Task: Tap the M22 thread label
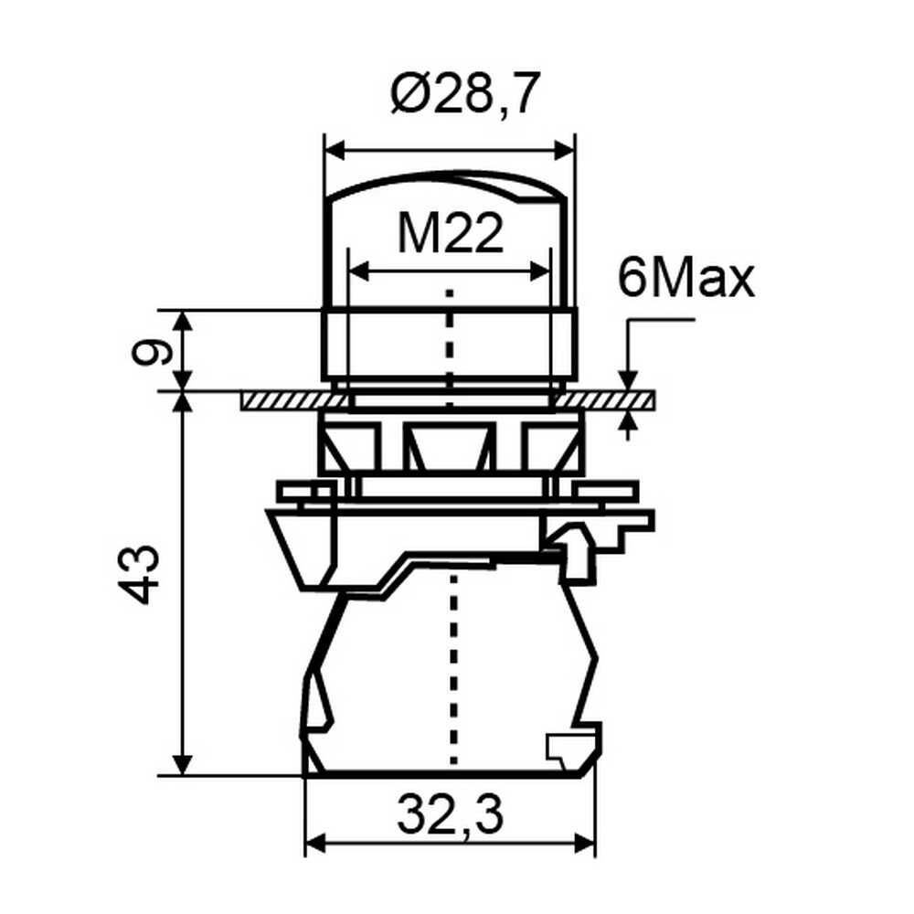(450, 232)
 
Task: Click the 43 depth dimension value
(138, 574)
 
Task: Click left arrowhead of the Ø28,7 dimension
(335, 150)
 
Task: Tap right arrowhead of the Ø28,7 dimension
(564, 150)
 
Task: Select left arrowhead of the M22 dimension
(358, 271)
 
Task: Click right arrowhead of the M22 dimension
(539, 271)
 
